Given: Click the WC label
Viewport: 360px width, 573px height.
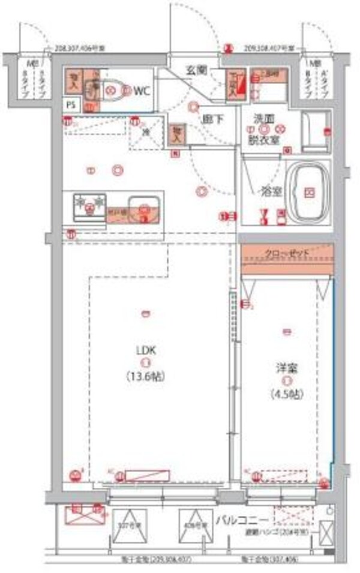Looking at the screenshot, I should coord(142,91).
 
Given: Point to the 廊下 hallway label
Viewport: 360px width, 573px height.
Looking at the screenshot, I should coord(212,119).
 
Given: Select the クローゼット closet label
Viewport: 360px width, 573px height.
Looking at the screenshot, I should coord(287,254).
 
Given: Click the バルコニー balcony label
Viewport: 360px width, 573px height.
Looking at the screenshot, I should coord(240,518).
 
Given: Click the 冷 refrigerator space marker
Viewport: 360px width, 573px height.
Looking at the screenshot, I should coord(145,133).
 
